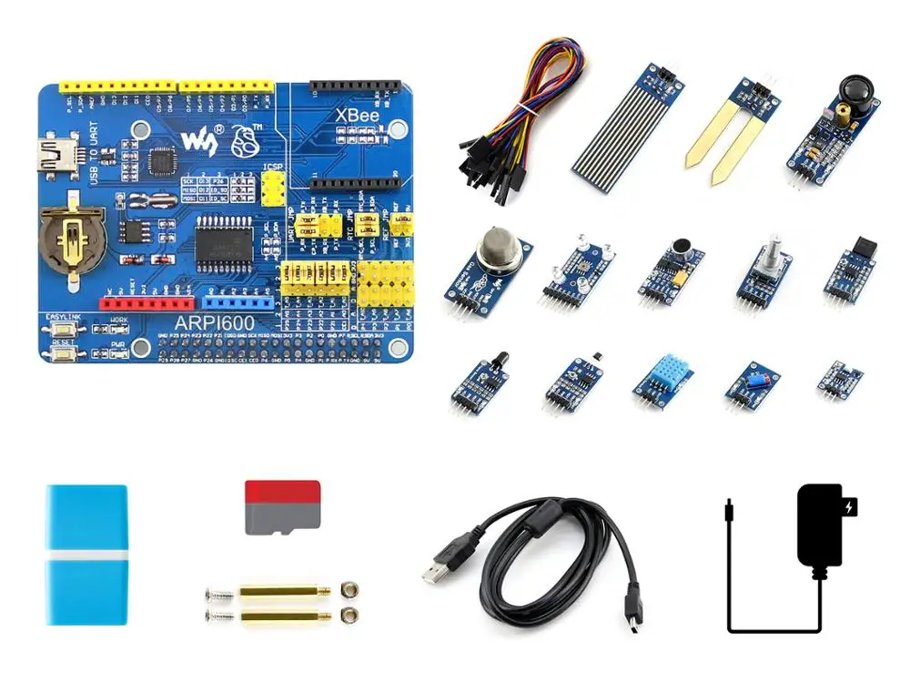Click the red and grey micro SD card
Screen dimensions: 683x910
(282, 507)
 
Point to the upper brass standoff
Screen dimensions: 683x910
(278, 591)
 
